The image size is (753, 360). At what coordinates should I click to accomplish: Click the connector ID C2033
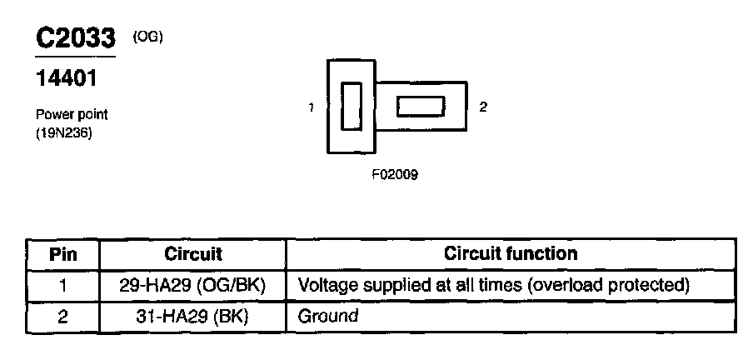[x=76, y=39]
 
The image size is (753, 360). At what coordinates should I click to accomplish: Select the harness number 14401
[x=67, y=80]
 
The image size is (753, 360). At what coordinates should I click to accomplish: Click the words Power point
[x=72, y=115]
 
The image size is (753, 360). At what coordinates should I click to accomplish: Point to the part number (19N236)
[x=63, y=131]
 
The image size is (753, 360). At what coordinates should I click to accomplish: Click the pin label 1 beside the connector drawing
[x=311, y=107]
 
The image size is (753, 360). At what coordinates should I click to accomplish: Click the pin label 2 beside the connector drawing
[x=483, y=107]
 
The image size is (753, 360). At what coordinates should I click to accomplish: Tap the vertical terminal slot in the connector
[x=352, y=106]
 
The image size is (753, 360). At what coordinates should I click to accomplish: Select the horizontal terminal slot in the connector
[x=420, y=107]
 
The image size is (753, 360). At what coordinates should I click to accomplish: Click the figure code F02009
[x=395, y=175]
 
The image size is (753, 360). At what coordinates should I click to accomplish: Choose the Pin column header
[x=63, y=253]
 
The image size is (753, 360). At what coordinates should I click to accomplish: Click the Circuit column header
[x=193, y=253]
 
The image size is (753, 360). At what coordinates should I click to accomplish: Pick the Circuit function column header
[x=511, y=252]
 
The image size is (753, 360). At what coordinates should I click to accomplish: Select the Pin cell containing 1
[x=63, y=286]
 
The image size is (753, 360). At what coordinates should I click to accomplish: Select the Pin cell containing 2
[x=63, y=316]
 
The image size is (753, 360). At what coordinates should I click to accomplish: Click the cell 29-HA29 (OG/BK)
[x=192, y=286]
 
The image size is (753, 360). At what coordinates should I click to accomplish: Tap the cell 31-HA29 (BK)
[x=192, y=316]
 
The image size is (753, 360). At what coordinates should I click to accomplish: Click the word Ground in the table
[x=328, y=316]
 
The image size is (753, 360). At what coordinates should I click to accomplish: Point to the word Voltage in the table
[x=327, y=286]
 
